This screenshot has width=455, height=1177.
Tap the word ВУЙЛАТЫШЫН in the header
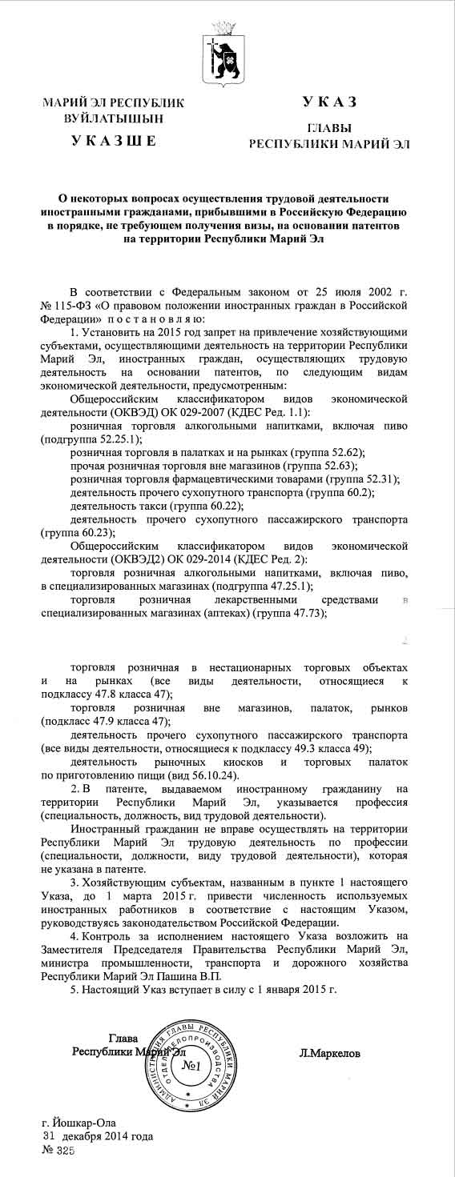[x=113, y=118]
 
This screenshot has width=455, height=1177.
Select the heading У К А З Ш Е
[x=113, y=142]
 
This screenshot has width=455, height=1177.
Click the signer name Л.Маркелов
[x=329, y=1054]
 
